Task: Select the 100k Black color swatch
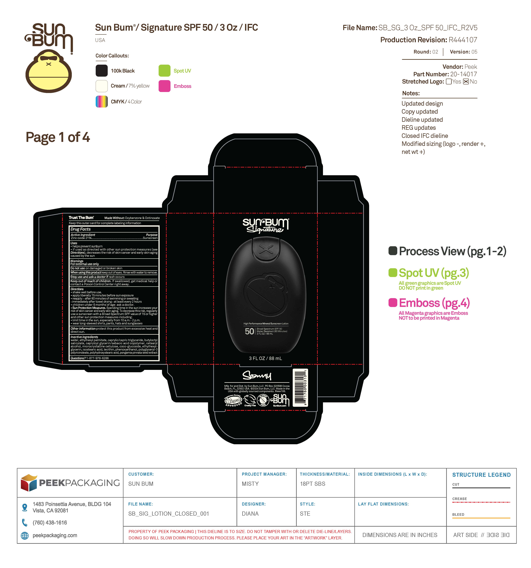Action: [x=102, y=71]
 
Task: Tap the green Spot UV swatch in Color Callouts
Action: [x=164, y=71]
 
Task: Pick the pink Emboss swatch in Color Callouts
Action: [x=164, y=86]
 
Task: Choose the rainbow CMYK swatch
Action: [x=102, y=101]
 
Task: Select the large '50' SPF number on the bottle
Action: [x=249, y=331]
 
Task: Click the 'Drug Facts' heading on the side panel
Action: [x=81, y=229]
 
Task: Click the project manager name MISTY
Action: [x=250, y=484]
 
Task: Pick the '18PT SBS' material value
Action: [x=313, y=484]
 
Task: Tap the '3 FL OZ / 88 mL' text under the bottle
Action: [x=265, y=358]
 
